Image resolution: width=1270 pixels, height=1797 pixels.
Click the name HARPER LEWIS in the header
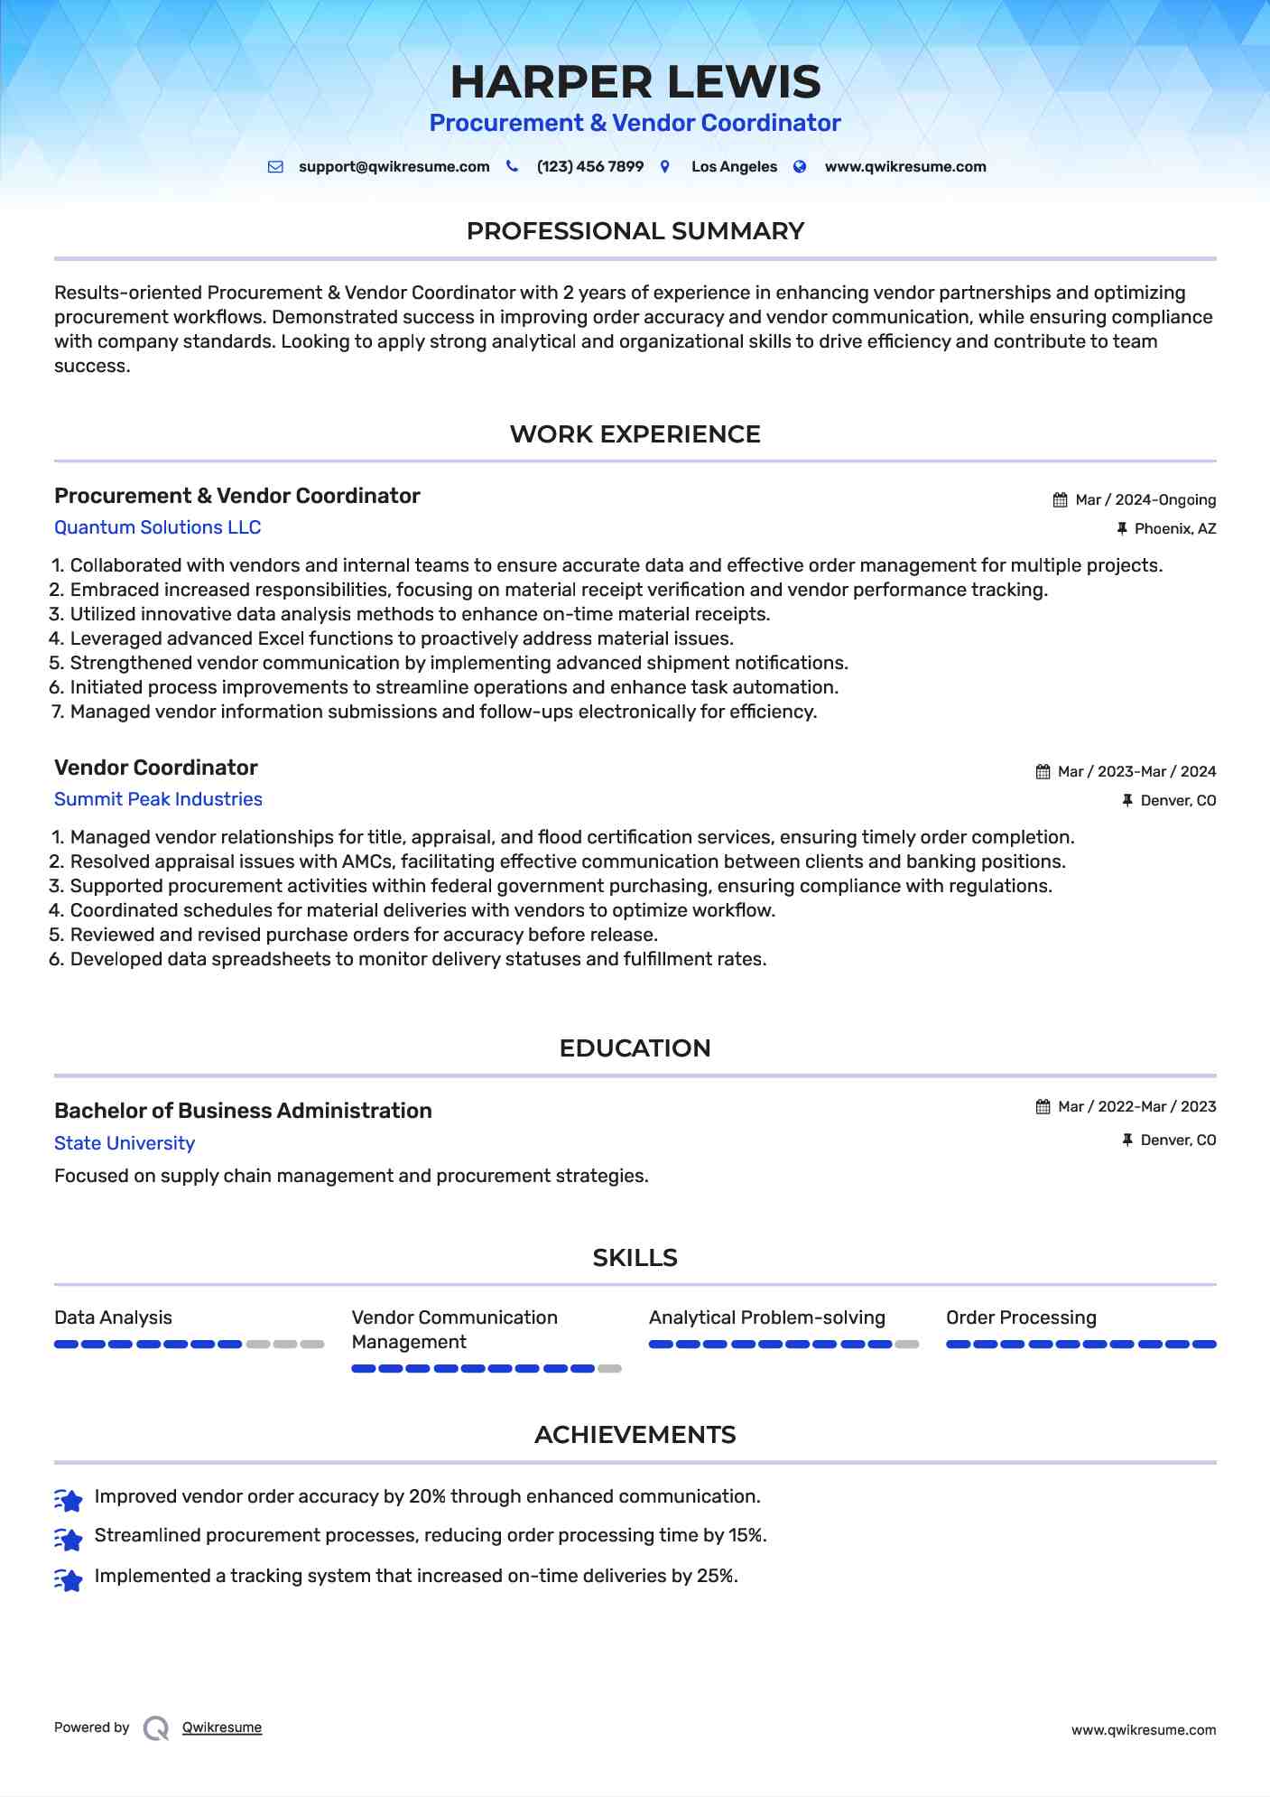tap(635, 82)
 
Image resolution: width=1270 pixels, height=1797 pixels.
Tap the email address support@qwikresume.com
tap(394, 167)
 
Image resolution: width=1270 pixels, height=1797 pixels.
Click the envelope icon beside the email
tap(275, 167)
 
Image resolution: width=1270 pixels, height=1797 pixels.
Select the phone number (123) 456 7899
tap(589, 167)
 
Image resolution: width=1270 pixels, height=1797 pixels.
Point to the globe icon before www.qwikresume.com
tap(800, 167)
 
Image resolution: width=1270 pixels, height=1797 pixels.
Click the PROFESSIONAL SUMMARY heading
tap(635, 231)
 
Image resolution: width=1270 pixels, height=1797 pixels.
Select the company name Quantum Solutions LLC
tap(157, 527)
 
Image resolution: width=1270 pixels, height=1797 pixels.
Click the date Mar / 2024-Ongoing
tap(1145, 500)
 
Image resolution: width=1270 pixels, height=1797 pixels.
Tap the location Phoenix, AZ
tap(1174, 529)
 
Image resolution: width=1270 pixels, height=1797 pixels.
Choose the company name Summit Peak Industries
tap(158, 799)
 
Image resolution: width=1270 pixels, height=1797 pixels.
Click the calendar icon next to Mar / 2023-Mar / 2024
tap(1043, 772)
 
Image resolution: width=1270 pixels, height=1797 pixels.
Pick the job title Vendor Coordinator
tap(155, 768)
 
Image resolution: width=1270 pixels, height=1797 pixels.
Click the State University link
tap(125, 1143)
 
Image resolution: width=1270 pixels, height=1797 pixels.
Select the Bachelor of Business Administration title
tap(243, 1111)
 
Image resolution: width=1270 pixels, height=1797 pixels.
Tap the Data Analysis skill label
tap(113, 1317)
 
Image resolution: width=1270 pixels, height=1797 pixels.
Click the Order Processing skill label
tap(1021, 1317)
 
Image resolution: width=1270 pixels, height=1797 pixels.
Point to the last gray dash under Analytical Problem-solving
tap(907, 1345)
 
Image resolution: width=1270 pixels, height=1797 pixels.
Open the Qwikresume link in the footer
tap(221, 1727)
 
